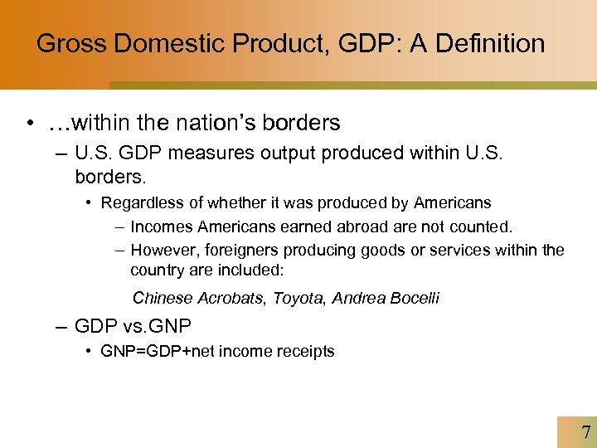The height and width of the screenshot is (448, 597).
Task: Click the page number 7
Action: pos(586,432)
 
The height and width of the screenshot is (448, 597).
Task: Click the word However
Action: pos(163,250)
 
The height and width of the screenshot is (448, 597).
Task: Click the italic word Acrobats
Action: pos(229,298)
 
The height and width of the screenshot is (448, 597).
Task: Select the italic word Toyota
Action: pos(297,298)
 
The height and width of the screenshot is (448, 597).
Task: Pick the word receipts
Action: pos(305,351)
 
